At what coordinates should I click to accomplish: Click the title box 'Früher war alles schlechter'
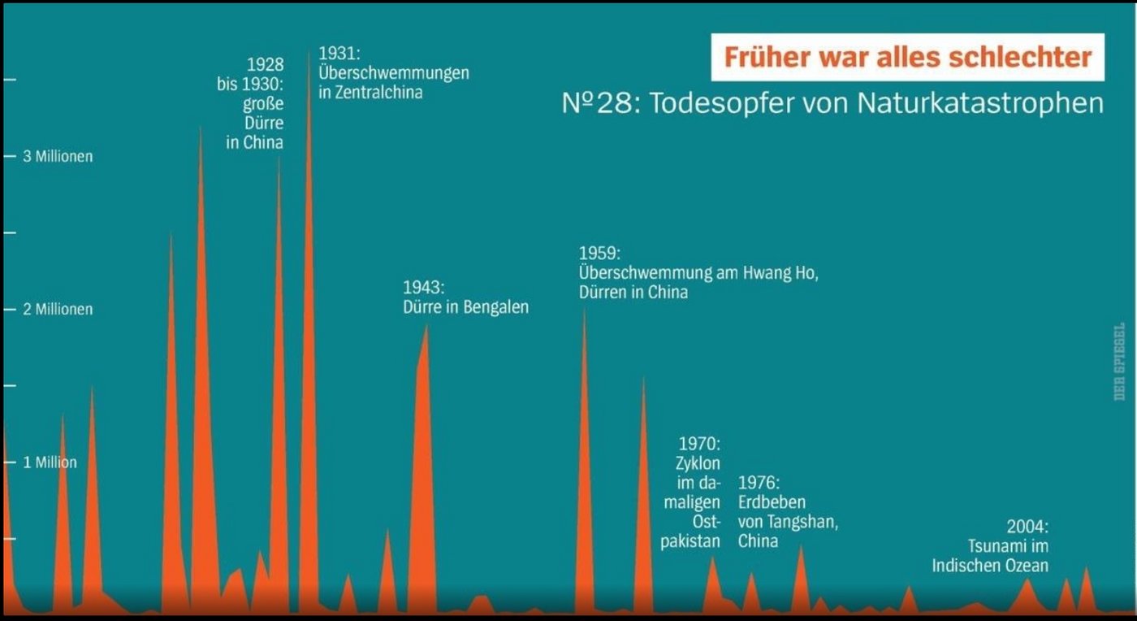pos(907,57)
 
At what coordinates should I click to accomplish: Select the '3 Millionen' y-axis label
pos(57,156)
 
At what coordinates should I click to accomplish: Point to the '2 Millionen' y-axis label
pos(57,309)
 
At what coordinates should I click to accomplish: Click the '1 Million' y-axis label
pos(50,462)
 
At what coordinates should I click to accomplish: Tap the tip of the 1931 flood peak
pos(309,50)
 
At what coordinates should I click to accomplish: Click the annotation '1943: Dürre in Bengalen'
pos(465,297)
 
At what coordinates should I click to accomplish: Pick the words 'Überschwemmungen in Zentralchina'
pos(393,82)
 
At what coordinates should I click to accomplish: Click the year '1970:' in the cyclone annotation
pos(699,444)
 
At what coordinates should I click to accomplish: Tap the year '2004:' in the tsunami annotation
pos(1027,526)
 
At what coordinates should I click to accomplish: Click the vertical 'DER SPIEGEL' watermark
pos(1119,362)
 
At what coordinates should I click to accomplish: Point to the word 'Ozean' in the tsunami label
pos(1025,565)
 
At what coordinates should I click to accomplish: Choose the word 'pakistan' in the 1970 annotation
pos(690,541)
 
